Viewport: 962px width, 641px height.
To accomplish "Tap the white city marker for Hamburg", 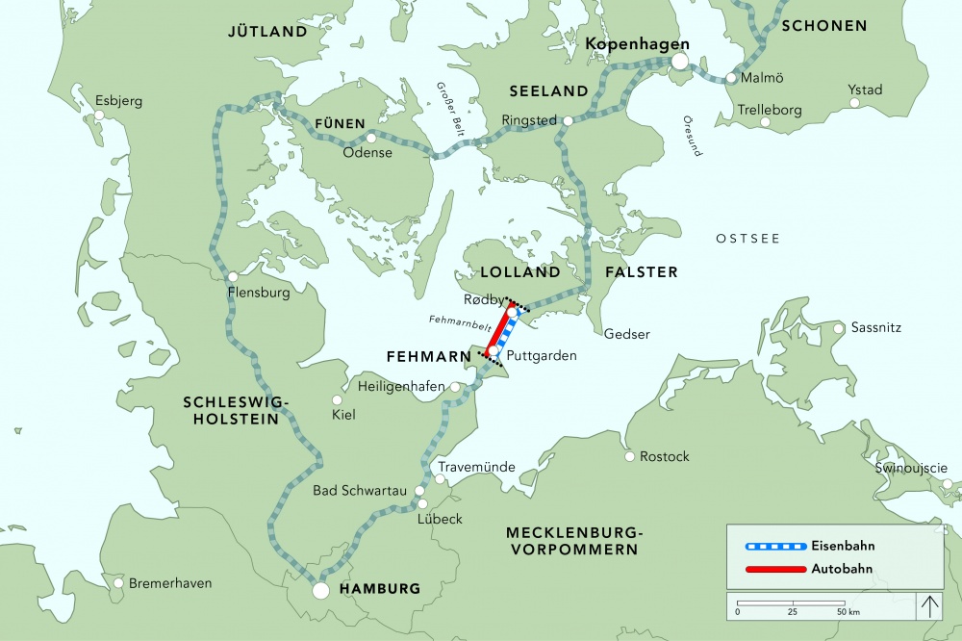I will [x=321, y=589].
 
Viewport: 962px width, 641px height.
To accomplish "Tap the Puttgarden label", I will [x=541, y=355].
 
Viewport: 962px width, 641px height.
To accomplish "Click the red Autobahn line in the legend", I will [x=775, y=569].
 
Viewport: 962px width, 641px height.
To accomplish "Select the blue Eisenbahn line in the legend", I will [x=775, y=546].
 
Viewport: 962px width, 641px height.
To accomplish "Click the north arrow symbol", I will [x=930, y=606].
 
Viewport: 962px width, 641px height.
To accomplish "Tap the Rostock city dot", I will [x=630, y=456].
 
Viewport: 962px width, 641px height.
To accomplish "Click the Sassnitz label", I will [x=875, y=328].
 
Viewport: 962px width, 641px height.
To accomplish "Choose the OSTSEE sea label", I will [x=747, y=238].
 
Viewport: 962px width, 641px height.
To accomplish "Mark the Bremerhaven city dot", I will [x=118, y=583].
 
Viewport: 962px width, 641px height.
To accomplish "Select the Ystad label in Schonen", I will [x=865, y=90].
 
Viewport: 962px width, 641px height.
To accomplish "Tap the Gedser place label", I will [x=627, y=334].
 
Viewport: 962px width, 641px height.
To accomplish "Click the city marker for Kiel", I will [x=337, y=400].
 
